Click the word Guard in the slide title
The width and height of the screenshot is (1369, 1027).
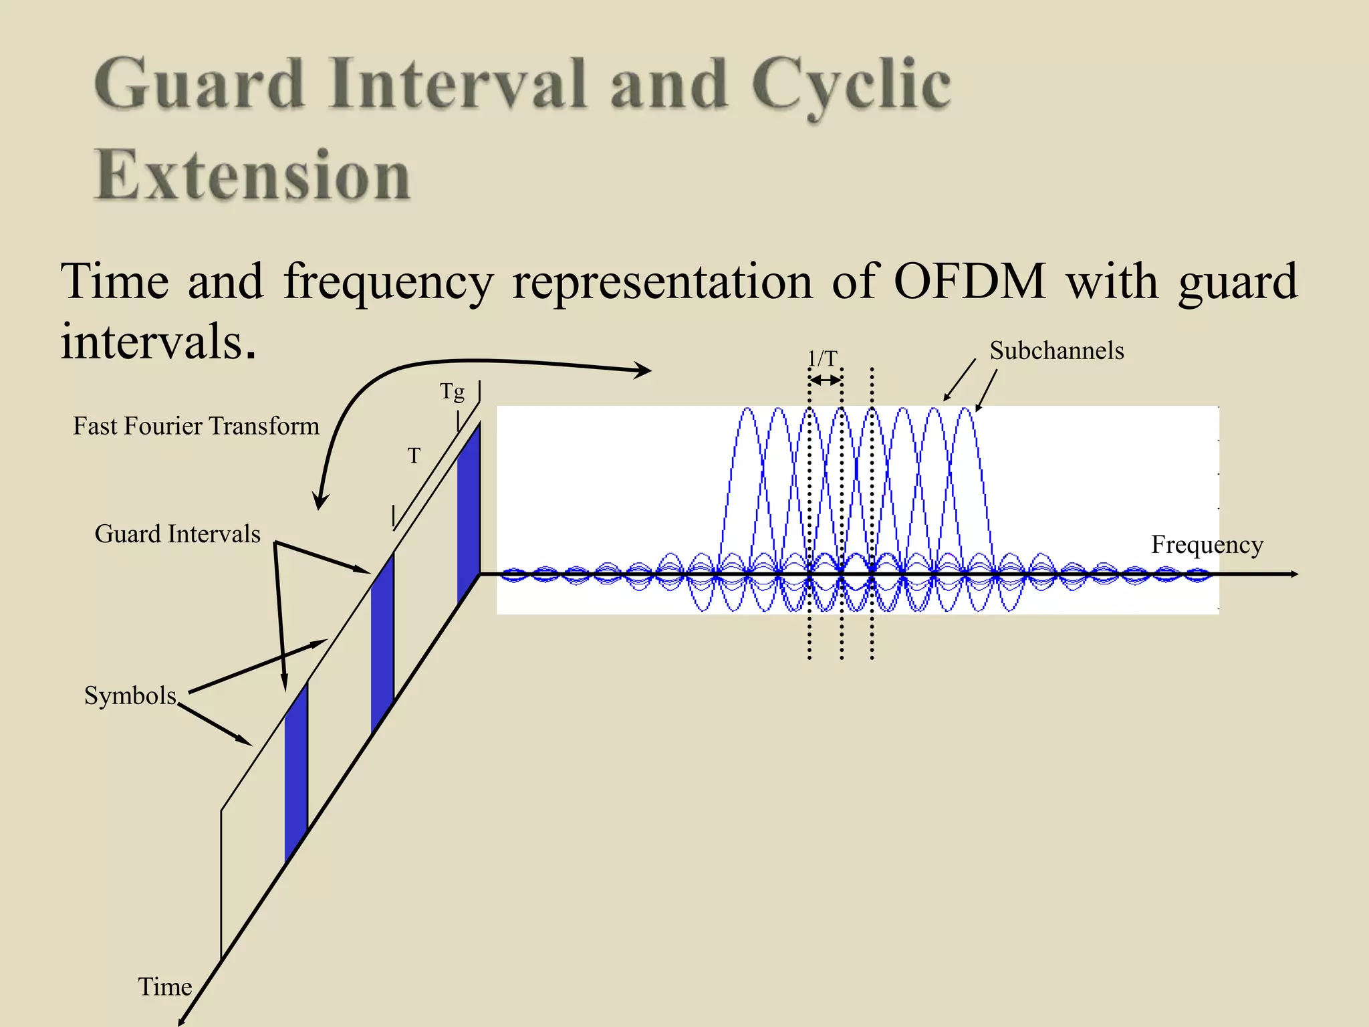tap(199, 85)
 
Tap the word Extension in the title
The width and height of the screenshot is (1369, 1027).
tap(253, 175)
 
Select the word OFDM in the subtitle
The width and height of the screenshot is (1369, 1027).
tap(969, 281)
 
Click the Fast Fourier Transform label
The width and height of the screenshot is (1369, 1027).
tap(196, 426)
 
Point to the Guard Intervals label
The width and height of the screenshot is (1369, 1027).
tap(177, 534)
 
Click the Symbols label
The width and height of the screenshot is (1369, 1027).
tap(130, 696)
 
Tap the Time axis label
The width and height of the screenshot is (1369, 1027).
tap(164, 987)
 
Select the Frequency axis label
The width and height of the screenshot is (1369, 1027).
tap(1207, 545)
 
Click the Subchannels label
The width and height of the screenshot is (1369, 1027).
tap(1056, 351)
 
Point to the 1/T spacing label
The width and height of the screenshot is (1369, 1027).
tap(822, 359)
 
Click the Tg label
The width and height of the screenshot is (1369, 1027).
tap(452, 391)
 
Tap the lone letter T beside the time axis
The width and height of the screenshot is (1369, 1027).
tap(414, 456)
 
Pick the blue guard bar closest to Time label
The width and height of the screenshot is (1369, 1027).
tap(296, 772)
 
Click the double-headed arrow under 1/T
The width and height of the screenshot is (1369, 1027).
tap(825, 380)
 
